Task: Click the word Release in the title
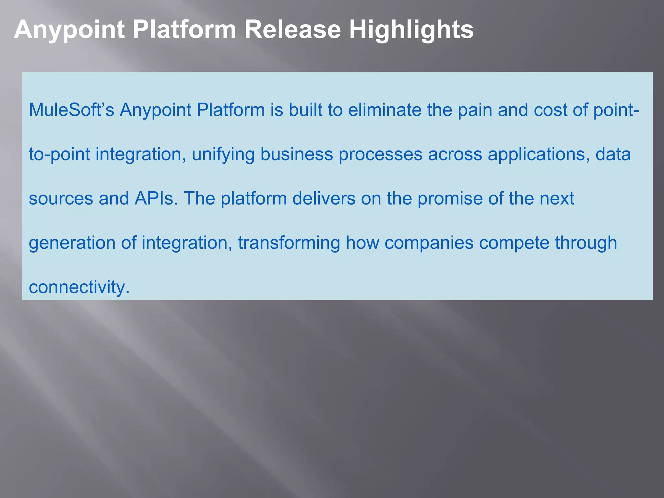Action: click(x=292, y=30)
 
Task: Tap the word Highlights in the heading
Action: click(x=411, y=30)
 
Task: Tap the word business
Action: click(x=297, y=154)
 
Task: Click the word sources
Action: click(x=61, y=198)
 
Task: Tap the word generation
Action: click(x=72, y=243)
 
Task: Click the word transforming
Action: click(x=289, y=243)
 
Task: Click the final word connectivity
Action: click(x=79, y=287)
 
